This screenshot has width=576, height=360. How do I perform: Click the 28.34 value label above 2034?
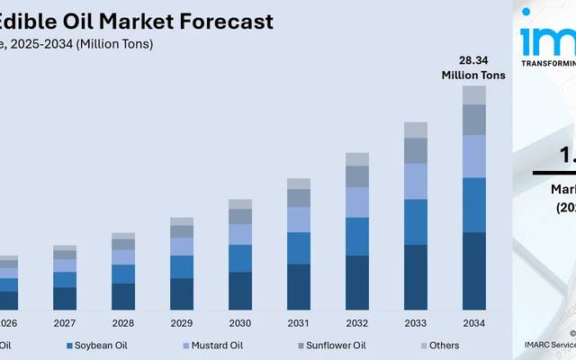click(x=473, y=60)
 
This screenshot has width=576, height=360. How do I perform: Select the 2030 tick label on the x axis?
click(x=239, y=323)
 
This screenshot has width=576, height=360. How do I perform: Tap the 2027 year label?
click(x=65, y=323)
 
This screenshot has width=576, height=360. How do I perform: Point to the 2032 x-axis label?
click(x=356, y=323)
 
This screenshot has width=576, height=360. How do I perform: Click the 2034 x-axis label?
click(x=473, y=323)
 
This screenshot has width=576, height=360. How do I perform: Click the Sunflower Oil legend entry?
click(x=335, y=346)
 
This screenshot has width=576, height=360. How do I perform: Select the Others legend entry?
click(x=443, y=346)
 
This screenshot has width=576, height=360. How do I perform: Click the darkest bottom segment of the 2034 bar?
click(x=473, y=271)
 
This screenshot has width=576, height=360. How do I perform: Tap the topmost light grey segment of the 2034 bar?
click(x=473, y=94)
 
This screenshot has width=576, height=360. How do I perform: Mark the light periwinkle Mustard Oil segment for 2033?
click(x=415, y=181)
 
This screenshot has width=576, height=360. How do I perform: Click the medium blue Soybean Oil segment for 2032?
click(x=356, y=236)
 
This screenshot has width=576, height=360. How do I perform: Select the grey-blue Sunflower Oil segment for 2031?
click(x=298, y=197)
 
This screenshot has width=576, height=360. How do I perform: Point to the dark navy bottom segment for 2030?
click(x=239, y=291)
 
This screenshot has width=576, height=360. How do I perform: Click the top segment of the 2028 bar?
click(x=123, y=236)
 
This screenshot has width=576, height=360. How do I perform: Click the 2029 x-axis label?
click(x=181, y=323)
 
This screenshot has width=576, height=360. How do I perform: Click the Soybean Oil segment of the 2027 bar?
click(x=65, y=279)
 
